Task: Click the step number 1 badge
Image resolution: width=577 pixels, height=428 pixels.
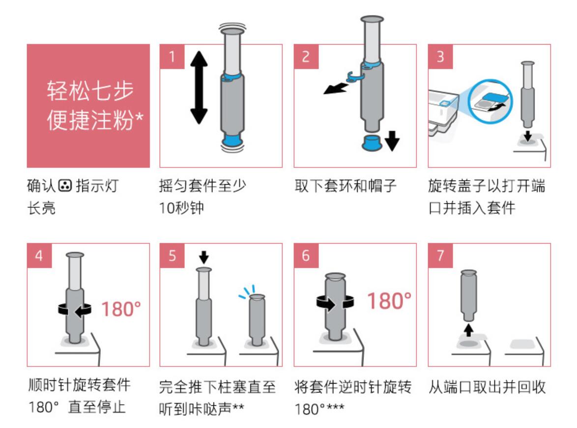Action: (172, 56)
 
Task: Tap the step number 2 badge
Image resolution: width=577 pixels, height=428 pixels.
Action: (306, 56)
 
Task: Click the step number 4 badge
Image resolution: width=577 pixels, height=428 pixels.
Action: (38, 255)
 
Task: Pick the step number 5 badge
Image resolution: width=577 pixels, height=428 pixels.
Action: (172, 255)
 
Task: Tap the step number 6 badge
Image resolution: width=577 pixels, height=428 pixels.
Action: (306, 255)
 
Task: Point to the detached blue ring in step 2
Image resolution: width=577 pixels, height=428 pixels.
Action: (355, 76)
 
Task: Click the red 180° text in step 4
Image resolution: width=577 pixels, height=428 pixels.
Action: (121, 309)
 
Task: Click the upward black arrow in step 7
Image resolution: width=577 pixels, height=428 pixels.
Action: (468, 329)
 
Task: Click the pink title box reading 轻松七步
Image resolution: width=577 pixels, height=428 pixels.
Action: (88, 106)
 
